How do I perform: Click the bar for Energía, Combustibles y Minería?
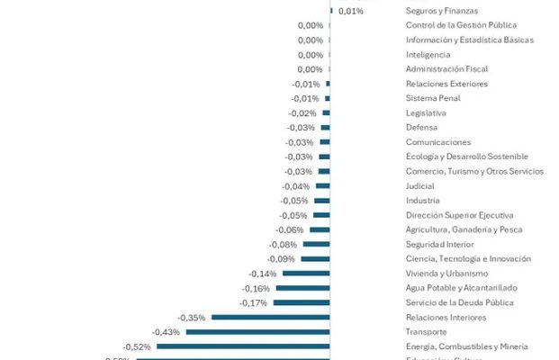click(243, 346)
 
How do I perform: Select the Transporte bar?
click(257, 332)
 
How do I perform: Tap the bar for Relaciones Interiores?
click(271, 318)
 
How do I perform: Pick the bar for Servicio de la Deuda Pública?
click(302, 302)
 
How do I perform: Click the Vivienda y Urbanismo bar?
click(306, 274)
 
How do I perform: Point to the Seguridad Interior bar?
click(317, 244)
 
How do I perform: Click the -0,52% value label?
click(137, 346)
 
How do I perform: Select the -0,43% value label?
click(166, 332)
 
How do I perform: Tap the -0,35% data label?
click(192, 318)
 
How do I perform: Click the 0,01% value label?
click(351, 11)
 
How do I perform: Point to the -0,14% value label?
click(262, 274)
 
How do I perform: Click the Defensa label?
click(423, 128)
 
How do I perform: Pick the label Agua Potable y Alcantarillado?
click(460, 288)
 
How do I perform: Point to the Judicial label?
click(421, 186)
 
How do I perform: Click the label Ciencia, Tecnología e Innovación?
click(468, 259)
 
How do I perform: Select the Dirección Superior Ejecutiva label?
click(459, 215)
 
